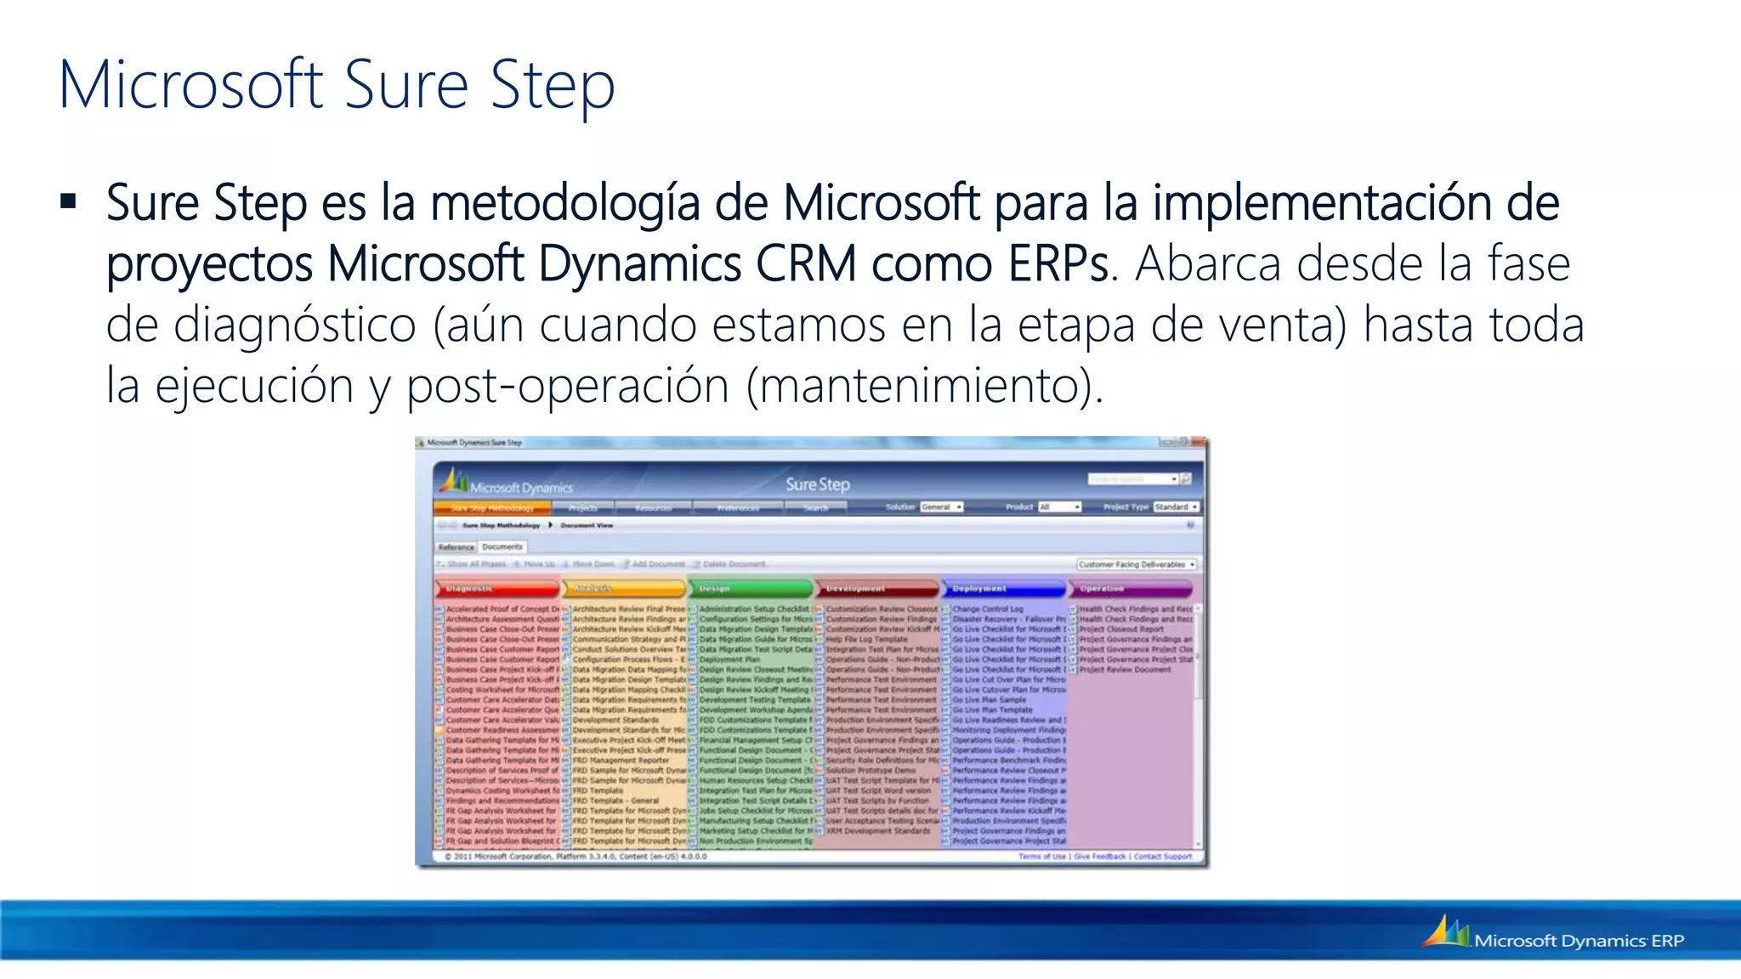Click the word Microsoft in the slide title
click(190, 85)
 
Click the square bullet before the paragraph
click(69, 202)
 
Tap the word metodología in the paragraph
click(564, 204)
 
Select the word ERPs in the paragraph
click(1058, 263)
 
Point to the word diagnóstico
click(294, 325)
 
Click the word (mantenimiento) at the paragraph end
click(924, 387)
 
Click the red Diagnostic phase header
click(497, 588)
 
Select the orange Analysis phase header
click(625, 588)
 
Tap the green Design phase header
click(751, 588)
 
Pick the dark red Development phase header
click(878, 588)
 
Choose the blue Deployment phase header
click(1004, 588)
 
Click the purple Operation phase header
click(1131, 588)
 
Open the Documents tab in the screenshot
click(502, 547)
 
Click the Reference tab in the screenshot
click(457, 547)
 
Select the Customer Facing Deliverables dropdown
click(1137, 564)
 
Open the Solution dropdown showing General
click(941, 507)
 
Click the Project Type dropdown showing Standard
click(1176, 507)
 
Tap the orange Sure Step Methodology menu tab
click(492, 508)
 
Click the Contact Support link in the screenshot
click(1162, 857)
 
